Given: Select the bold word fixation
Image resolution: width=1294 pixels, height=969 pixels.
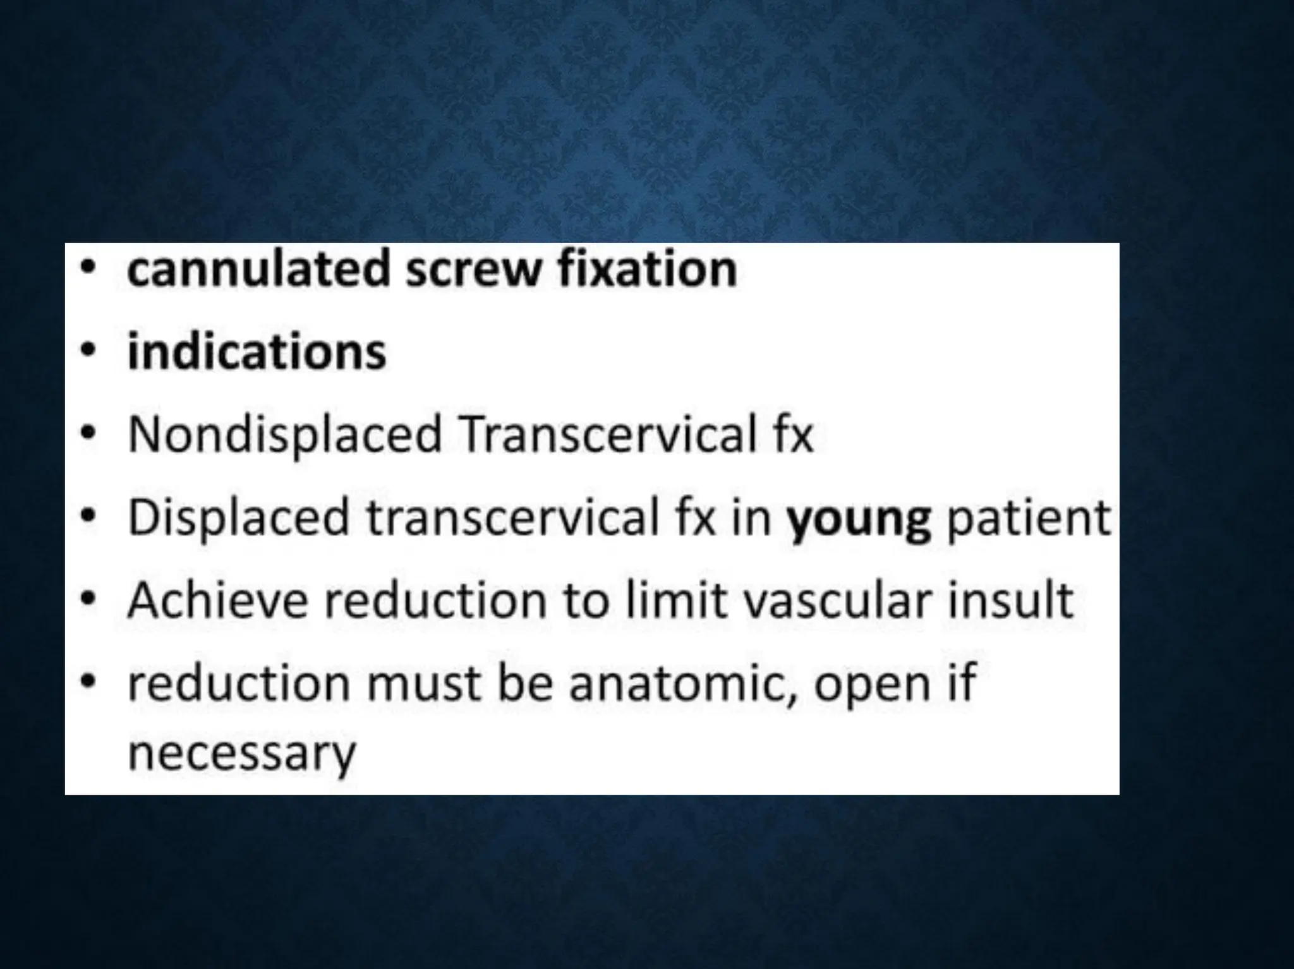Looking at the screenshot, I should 647,270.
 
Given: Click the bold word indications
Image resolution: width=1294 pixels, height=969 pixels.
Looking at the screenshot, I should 257,352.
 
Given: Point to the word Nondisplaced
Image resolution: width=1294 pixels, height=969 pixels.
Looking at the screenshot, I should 284,435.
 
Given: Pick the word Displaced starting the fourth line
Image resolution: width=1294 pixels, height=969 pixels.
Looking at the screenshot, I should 239,518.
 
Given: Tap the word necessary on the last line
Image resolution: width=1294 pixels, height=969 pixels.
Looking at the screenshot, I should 242,753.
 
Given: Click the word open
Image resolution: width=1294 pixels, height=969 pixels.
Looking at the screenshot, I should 872,686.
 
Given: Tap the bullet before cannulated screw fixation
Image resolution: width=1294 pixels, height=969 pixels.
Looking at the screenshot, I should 89,267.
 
